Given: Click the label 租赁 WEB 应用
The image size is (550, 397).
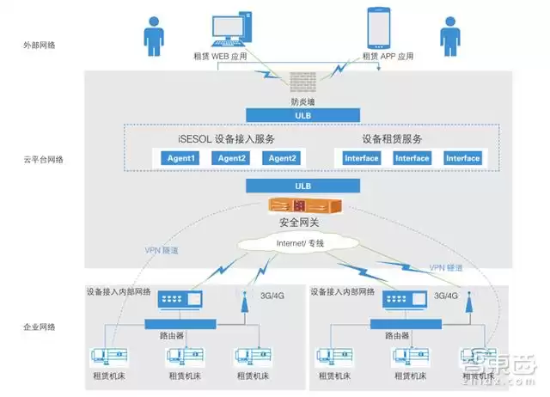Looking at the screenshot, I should pyautogui.click(x=222, y=57).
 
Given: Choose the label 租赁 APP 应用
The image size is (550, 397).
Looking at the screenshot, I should pyautogui.click(x=388, y=57).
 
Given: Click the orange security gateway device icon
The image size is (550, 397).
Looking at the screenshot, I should pyautogui.click(x=306, y=206).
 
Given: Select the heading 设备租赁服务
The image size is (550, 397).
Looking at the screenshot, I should pyautogui.click(x=392, y=138).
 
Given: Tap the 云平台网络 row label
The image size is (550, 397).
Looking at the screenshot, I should pyautogui.click(x=41, y=160).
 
